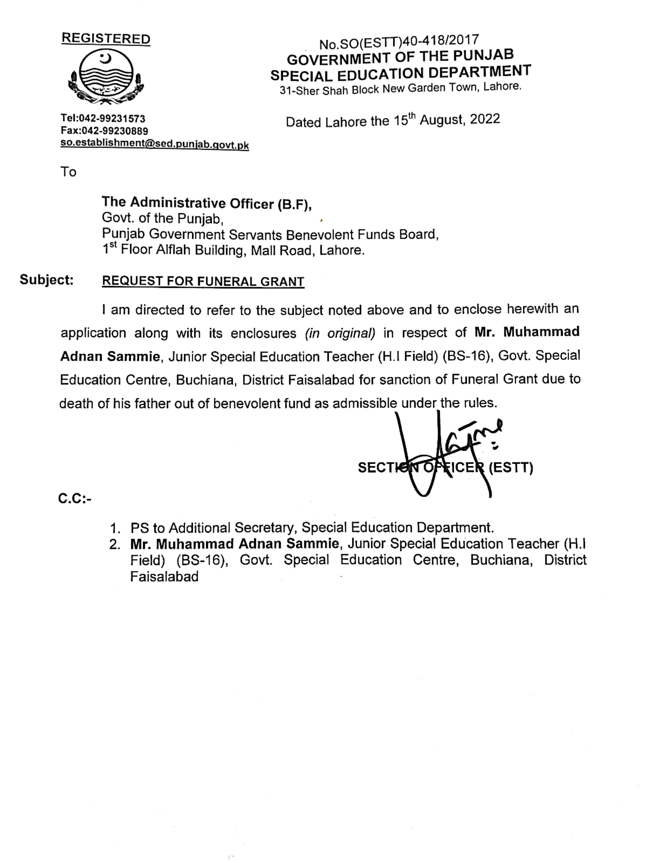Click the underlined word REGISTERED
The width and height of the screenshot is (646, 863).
click(x=106, y=39)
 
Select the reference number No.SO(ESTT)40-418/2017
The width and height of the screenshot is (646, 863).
click(x=399, y=42)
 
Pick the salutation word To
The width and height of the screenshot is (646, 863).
click(x=68, y=172)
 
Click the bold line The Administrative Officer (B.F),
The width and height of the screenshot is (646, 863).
click(x=207, y=203)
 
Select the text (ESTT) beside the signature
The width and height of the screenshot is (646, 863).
click(x=511, y=467)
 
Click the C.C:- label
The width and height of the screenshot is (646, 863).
click(x=75, y=499)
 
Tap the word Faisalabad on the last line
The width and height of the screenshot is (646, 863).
click(x=164, y=577)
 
